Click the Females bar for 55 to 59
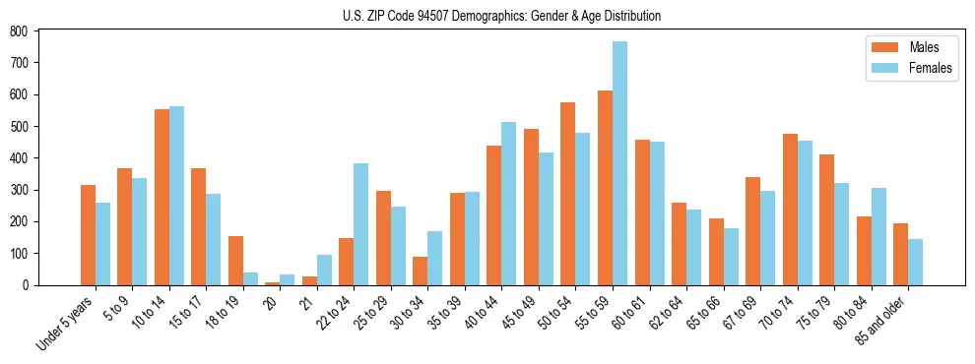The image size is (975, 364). pos(619,163)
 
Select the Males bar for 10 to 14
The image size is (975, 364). pos(162,197)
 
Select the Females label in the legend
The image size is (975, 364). pos(931,69)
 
